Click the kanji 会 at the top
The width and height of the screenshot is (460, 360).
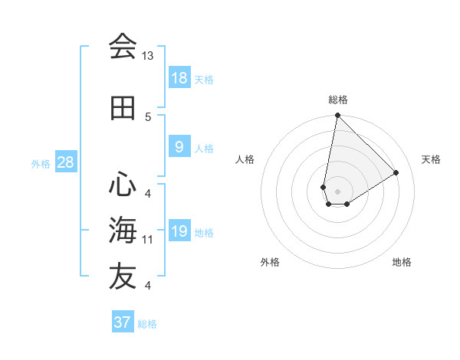pos(122,47)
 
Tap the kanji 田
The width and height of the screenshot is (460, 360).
pos(122,108)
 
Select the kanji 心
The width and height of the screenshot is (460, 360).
pos(122,184)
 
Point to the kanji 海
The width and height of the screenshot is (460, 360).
pos(122,231)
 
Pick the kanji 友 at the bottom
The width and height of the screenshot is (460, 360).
pos(122,277)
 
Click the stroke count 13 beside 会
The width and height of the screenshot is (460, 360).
pos(148,56)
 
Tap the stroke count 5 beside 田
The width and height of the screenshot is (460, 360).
pos(148,116)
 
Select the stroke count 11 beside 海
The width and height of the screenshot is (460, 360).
pos(148,240)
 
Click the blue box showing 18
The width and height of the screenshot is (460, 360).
pos(179,77)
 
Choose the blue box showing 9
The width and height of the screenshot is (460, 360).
pos(179,147)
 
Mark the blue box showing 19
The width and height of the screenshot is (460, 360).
pos(179,231)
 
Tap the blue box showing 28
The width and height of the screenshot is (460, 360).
pos(65,162)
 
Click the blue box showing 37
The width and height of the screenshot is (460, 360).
pos(123,322)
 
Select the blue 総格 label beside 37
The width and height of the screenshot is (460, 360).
pos(147,324)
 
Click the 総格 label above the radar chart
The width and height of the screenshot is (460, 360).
pos(338,100)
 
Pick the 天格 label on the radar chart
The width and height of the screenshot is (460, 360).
pos(431,159)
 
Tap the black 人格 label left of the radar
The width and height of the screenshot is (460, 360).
pos(245,159)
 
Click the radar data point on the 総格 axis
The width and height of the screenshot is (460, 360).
pos(337,116)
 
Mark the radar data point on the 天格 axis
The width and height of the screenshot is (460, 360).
pos(396,172)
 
